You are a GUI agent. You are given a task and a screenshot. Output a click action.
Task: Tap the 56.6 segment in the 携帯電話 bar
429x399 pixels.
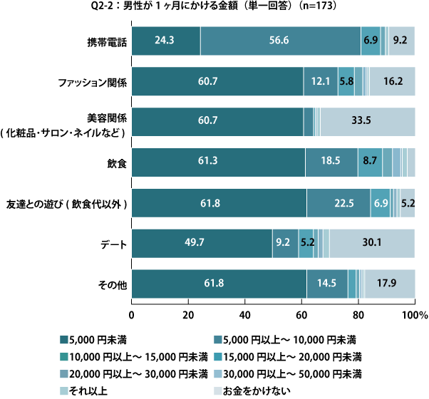pos(280,41)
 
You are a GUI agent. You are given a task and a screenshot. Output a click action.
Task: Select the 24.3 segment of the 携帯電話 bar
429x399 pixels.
pos(166,41)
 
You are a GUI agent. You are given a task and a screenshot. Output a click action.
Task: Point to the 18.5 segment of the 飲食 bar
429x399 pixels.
pos(331,162)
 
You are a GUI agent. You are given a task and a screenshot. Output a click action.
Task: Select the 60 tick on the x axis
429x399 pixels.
pos(301,314)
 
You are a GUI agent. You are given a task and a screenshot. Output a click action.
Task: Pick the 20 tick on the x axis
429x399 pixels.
pos(188,314)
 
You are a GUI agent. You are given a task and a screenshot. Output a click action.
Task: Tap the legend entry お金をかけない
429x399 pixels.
pos(257,389)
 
